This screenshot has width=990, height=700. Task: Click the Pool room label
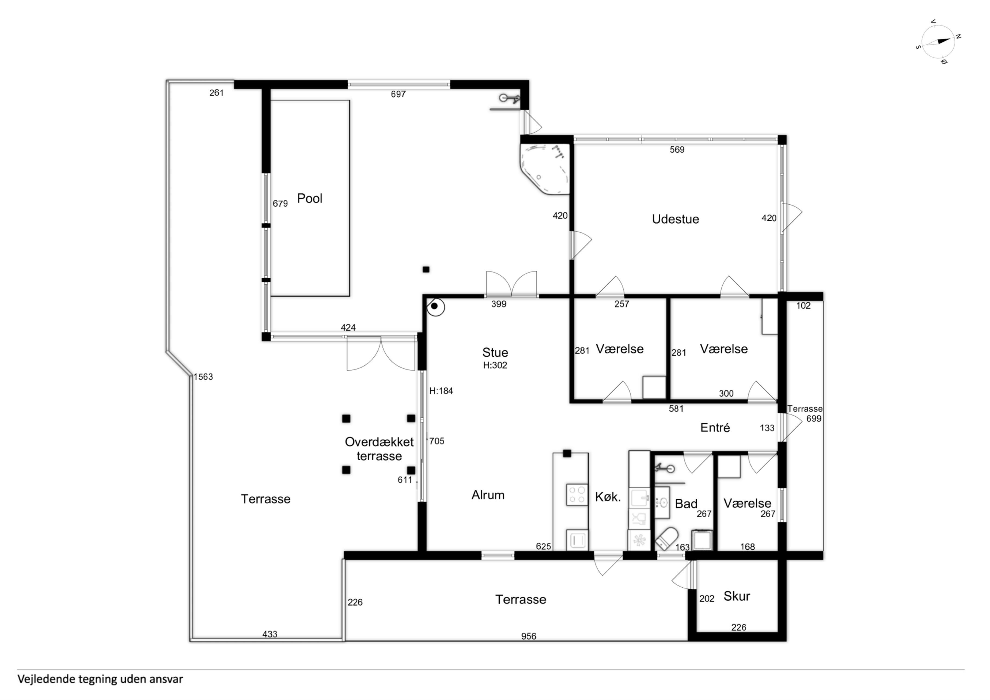click(x=310, y=198)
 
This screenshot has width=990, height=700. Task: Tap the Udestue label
click(x=675, y=219)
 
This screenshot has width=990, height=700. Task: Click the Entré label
click(x=715, y=427)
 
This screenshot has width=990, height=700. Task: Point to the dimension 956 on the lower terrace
click(x=529, y=636)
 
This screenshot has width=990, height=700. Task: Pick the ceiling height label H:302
click(x=495, y=365)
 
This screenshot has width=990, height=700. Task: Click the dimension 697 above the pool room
click(x=398, y=94)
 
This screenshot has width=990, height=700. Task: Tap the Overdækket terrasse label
click(x=379, y=449)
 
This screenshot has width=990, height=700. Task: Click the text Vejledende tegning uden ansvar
click(x=100, y=679)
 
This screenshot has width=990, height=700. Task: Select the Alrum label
click(x=488, y=495)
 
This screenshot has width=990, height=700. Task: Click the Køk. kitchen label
click(x=608, y=497)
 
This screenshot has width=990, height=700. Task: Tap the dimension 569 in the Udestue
click(x=677, y=150)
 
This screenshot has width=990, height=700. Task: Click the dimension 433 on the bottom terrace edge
click(x=270, y=634)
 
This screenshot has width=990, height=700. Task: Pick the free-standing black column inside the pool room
click(x=426, y=270)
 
